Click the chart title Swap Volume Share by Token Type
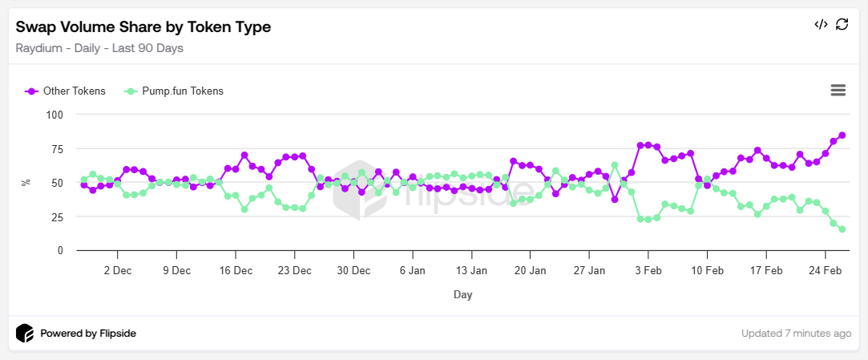pyautogui.click(x=143, y=27)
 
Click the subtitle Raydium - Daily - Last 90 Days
pyautogui.click(x=99, y=48)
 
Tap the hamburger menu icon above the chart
pyautogui.click(x=838, y=90)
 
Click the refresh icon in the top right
pyautogui.click(x=842, y=24)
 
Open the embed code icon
pyautogui.click(x=821, y=24)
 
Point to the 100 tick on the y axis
pyautogui.click(x=55, y=115)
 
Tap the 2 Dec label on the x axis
pyautogui.click(x=118, y=271)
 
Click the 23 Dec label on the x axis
pyautogui.click(x=295, y=271)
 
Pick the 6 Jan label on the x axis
pyautogui.click(x=412, y=271)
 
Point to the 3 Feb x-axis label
pyautogui.click(x=648, y=271)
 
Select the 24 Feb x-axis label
pyautogui.click(x=825, y=271)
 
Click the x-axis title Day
pyautogui.click(x=462, y=295)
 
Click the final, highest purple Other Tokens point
pyautogui.click(x=842, y=136)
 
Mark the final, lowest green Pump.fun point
pyautogui.click(x=842, y=229)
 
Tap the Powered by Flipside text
pyautogui.click(x=88, y=334)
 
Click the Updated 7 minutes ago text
pyautogui.click(x=796, y=334)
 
